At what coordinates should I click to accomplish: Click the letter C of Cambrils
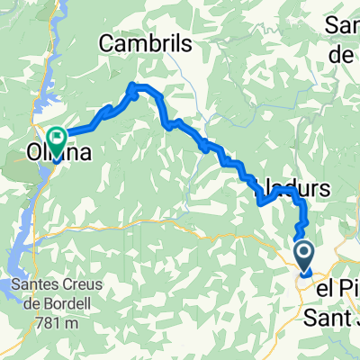pos(105,42)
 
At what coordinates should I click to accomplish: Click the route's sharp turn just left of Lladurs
pos(260,202)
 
